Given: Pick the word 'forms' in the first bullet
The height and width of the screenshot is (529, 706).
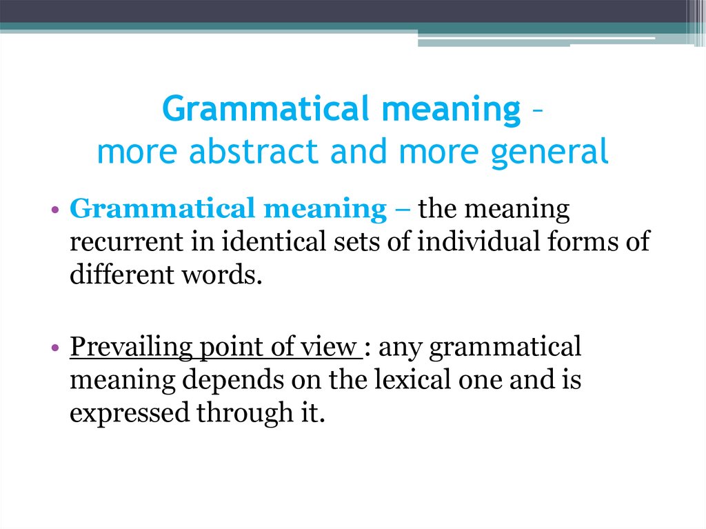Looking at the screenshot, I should pos(578,242).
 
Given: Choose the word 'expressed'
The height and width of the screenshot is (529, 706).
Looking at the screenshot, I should pos(129,414).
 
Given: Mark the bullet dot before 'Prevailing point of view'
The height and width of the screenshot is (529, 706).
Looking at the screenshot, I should pos(55,348).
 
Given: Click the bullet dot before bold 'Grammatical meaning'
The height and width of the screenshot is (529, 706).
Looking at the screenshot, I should pos(55,210).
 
